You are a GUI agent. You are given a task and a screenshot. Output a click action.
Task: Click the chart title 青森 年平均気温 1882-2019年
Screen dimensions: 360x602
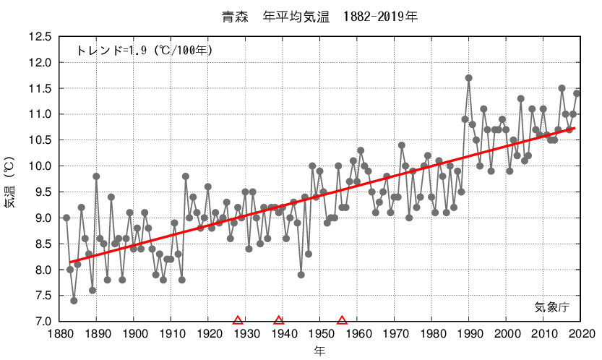[x=321, y=15]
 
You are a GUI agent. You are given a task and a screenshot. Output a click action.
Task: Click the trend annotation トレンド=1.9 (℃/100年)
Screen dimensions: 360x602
[x=144, y=51]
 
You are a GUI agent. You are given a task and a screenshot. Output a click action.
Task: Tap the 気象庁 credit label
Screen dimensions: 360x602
[x=552, y=307]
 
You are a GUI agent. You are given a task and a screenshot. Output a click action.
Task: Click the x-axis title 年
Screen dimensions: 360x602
[x=319, y=351]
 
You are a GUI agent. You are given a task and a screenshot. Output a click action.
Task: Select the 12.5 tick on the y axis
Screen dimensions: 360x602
[x=39, y=37]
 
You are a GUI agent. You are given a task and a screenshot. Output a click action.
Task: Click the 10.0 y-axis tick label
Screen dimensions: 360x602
[x=39, y=166]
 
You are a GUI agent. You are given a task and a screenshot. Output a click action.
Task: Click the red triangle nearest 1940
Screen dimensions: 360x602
[x=279, y=320]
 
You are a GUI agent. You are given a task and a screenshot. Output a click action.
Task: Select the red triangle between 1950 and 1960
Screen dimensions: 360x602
[x=343, y=320]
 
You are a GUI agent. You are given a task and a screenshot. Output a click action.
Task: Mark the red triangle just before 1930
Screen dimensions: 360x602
[x=238, y=320]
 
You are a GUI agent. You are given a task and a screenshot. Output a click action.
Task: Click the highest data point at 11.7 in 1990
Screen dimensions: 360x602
[x=469, y=78]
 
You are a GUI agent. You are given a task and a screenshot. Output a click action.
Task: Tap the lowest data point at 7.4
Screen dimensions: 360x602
[x=74, y=301]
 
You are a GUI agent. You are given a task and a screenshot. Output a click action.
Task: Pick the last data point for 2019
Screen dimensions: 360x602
[x=577, y=93]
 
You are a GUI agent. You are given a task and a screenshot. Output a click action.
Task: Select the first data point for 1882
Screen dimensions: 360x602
[x=66, y=218]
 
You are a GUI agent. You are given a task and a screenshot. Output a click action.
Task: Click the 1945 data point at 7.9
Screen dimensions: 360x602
[x=301, y=275]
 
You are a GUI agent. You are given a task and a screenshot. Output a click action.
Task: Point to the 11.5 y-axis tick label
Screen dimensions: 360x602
[x=39, y=89]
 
